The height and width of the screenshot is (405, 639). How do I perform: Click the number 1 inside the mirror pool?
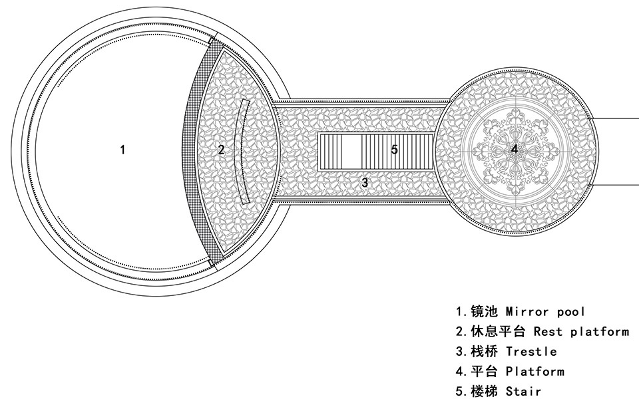coord(122,150)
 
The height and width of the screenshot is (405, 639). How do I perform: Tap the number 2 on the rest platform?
coord(221,150)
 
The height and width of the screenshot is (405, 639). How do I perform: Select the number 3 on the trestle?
coord(364,182)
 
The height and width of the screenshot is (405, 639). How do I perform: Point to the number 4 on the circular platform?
coord(514,150)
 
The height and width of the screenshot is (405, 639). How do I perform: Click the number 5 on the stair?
coord(394,150)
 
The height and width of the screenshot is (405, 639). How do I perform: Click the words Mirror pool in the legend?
coord(546,311)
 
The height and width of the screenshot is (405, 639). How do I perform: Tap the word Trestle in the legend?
coord(531,351)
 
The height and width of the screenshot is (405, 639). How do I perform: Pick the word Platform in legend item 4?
coord(535,371)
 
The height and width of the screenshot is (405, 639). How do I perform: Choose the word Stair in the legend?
coord(523,391)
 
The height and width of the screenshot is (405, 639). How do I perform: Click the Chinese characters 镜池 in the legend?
coord(484,311)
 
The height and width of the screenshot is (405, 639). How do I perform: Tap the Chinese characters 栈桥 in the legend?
coord(484,351)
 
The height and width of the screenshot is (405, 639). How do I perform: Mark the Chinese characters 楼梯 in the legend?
coord(484,391)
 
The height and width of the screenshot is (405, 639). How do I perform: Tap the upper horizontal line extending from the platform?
coord(616,118)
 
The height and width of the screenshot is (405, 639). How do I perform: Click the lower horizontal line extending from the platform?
coord(616,182)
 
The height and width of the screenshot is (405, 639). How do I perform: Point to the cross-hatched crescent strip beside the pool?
coord(190,150)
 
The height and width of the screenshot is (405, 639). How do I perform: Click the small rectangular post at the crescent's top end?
coord(212,41)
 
